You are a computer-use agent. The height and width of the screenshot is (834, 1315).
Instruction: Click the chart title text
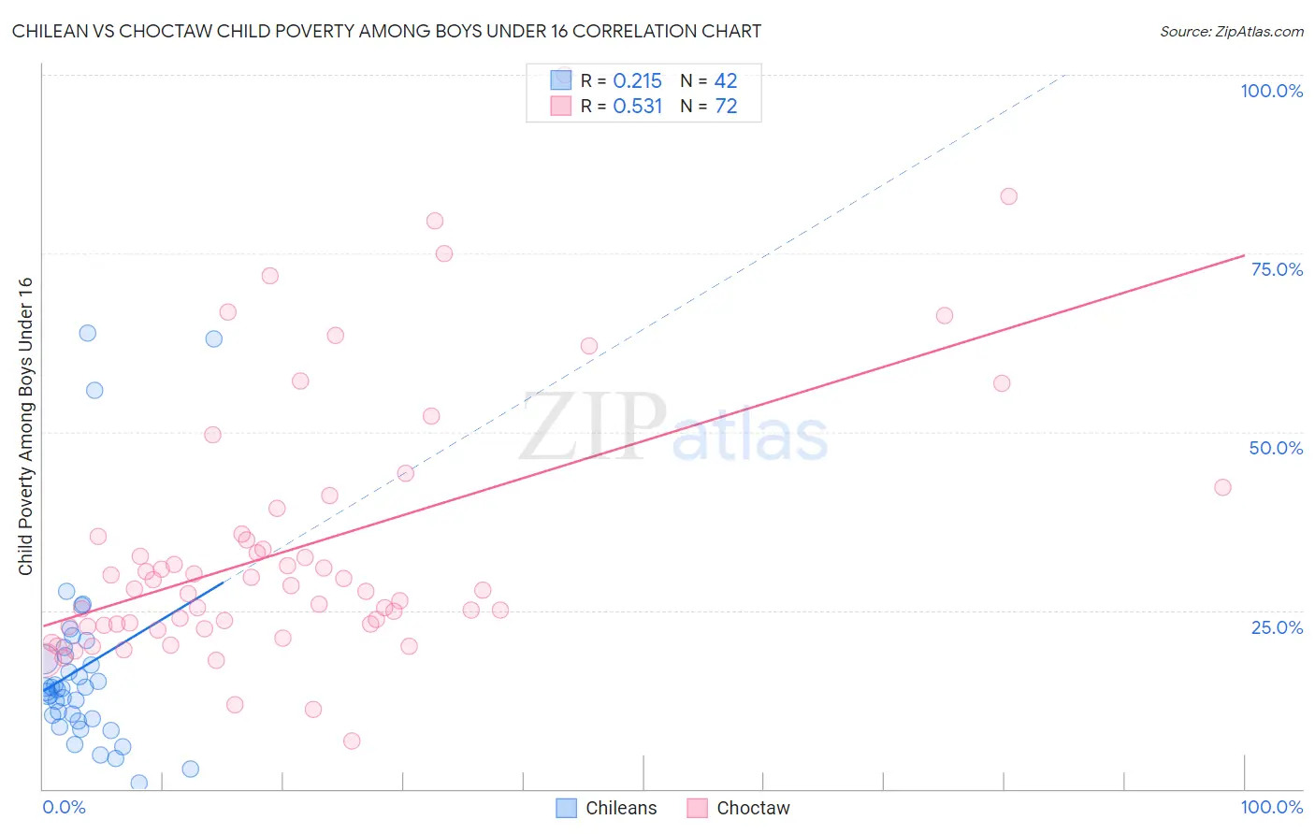tap(386, 31)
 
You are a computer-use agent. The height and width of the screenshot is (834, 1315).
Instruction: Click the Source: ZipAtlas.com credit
tap(1231, 31)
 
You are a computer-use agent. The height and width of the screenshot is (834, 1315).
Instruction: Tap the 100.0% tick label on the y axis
tap(1271, 91)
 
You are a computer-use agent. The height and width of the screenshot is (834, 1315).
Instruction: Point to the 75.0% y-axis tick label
tap(1277, 269)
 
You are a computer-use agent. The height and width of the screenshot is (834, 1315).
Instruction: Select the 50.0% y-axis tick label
tap(1276, 448)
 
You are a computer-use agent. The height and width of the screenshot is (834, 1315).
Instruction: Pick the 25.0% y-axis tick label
tap(1277, 626)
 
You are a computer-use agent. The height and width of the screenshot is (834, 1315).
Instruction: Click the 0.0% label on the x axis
tap(64, 807)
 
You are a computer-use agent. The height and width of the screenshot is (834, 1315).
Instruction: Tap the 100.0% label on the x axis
tap(1271, 807)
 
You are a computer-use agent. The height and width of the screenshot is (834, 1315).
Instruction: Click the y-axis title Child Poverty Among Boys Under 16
tap(25, 426)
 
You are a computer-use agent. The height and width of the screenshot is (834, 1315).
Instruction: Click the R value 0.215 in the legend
tap(637, 81)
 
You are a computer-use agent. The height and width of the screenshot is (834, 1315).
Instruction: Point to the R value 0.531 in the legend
tap(637, 107)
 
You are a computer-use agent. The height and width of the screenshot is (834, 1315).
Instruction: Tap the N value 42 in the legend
tap(726, 81)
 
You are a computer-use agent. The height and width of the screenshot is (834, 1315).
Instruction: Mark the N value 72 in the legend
tap(726, 107)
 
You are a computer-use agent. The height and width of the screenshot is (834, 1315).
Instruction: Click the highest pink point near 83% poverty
tap(1008, 196)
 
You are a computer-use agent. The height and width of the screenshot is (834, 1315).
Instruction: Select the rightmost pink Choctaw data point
tap(1222, 487)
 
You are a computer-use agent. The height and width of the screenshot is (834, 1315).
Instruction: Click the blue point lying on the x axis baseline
tap(139, 783)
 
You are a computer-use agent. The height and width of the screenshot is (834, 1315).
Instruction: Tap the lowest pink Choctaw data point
tap(352, 741)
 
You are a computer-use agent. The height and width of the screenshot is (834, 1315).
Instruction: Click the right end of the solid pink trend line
tap(1244, 255)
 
